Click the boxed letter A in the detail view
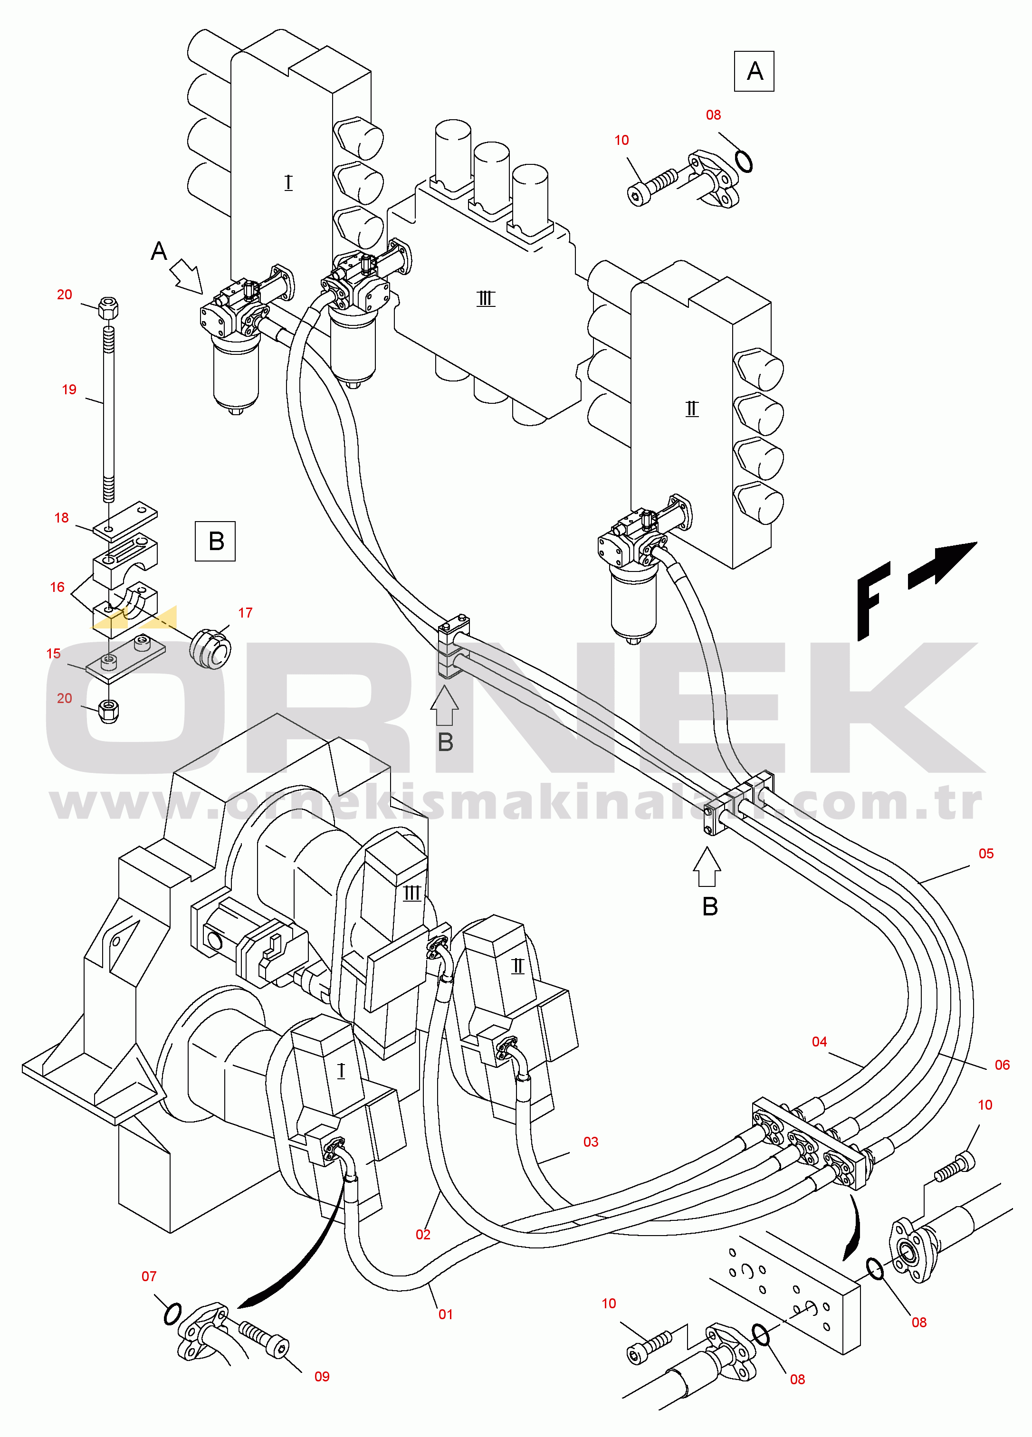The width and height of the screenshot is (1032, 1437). (x=754, y=71)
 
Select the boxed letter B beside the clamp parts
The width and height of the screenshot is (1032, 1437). (x=216, y=541)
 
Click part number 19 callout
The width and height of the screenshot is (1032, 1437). (x=69, y=390)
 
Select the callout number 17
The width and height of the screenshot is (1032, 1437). (x=245, y=613)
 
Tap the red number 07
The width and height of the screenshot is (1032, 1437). (x=149, y=1276)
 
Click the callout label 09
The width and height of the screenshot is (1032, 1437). (x=322, y=1376)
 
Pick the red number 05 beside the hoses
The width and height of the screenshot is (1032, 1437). (x=986, y=854)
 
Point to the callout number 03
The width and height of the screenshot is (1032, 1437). (x=591, y=1142)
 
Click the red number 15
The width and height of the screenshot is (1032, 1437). (x=53, y=653)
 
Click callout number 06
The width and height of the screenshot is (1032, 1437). (x=1002, y=1065)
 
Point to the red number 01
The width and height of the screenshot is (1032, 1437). (x=446, y=1314)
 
